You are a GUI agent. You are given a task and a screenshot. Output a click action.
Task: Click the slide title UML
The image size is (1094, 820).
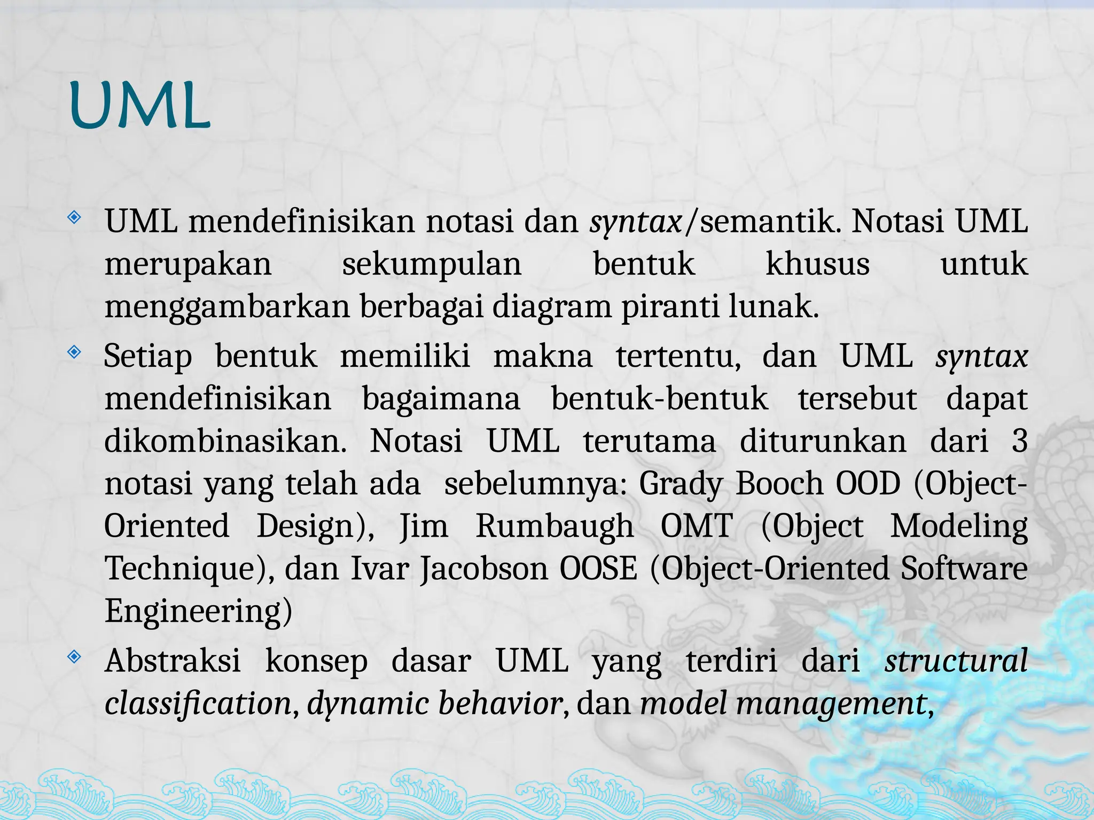[x=139, y=107]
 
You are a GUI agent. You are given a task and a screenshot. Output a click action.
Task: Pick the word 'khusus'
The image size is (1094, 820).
[x=817, y=264]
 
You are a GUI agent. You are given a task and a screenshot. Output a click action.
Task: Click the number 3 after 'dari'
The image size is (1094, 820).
[x=1019, y=441]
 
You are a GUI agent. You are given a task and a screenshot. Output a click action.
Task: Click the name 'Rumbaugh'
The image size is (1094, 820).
[x=554, y=527]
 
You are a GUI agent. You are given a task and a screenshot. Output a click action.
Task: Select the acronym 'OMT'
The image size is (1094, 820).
[x=696, y=527]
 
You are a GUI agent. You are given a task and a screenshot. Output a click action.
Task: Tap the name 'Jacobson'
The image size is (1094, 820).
[x=484, y=569]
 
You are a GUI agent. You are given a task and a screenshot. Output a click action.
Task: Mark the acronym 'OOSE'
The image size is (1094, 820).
[x=598, y=569]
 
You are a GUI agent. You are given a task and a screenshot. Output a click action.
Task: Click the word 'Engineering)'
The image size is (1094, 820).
[x=198, y=612]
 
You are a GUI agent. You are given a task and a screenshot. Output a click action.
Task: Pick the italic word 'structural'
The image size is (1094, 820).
[x=956, y=661]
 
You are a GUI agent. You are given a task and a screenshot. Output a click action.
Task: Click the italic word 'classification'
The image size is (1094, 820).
[x=198, y=704]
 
